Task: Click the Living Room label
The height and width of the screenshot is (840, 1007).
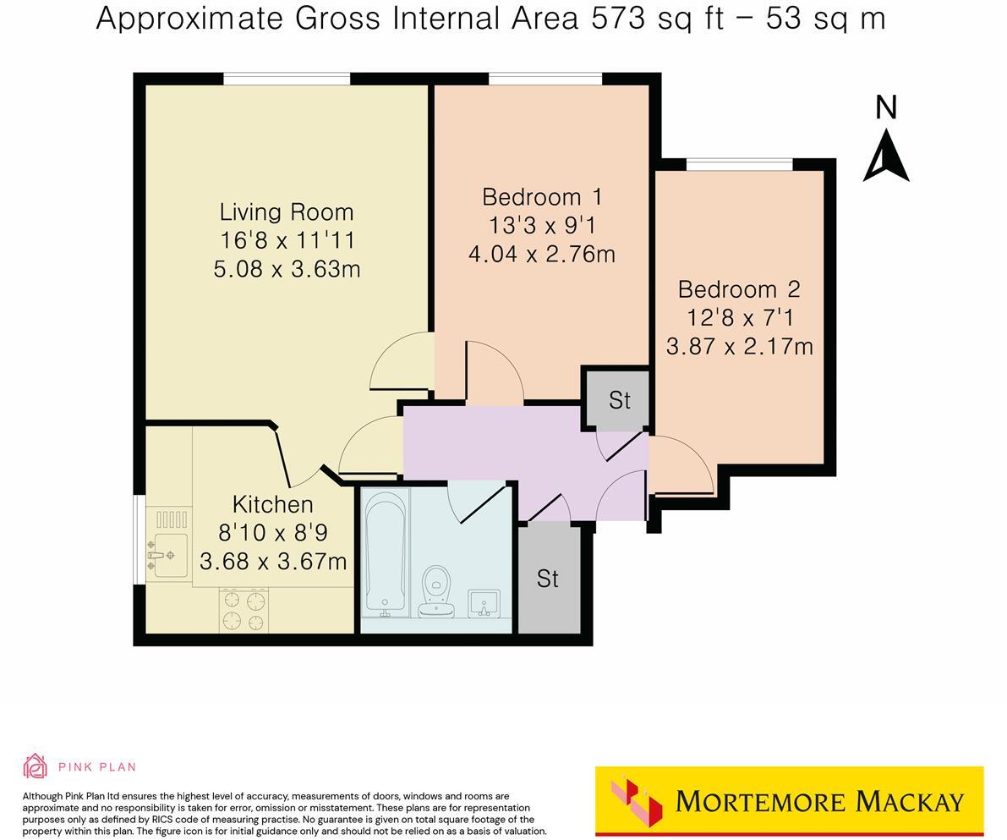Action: point(286,212)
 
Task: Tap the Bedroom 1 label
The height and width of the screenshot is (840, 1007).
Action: point(542,197)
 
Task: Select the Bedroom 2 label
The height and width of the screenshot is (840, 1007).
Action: point(739,289)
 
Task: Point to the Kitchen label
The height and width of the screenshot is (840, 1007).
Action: point(272,505)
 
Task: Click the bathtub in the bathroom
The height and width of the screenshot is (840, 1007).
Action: point(386,552)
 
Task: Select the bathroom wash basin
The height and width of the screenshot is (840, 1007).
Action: point(484,603)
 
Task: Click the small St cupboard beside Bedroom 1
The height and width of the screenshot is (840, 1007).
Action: point(619,399)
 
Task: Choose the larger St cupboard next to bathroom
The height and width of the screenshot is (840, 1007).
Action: point(548,579)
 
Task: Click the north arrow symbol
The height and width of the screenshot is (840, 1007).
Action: point(885,156)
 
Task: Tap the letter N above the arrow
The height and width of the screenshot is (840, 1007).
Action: point(885,107)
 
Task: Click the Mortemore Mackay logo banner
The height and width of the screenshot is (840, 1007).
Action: point(789,800)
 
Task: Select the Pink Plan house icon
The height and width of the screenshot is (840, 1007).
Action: point(35,766)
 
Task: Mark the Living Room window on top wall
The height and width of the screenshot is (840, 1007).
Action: point(287,79)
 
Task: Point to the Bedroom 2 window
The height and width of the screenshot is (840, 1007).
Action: point(739,164)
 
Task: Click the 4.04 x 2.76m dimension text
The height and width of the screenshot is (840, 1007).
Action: point(542,254)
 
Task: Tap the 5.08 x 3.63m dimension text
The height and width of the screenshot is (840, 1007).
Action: point(287,269)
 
